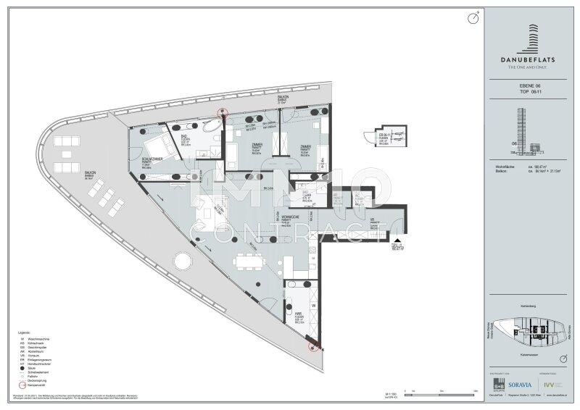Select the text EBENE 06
point(531,85)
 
